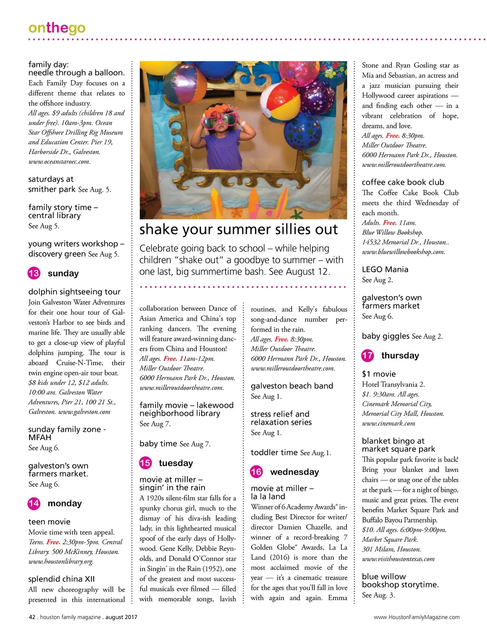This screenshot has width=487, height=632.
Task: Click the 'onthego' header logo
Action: [57, 28]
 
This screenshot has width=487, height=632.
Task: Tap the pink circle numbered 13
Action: [34, 273]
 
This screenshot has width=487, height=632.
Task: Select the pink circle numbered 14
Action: [34, 503]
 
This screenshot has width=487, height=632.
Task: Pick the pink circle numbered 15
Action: [145, 463]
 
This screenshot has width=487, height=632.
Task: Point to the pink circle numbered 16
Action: [256, 472]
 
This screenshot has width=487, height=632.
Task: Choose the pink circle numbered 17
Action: [368, 355]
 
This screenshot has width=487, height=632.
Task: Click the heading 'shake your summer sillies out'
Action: [238, 230]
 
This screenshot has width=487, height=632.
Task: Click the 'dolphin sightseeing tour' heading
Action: [74, 292]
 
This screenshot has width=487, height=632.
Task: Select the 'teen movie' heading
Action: [49, 522]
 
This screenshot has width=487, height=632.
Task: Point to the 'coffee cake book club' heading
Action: [403, 182]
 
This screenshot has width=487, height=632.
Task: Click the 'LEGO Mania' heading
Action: [385, 269]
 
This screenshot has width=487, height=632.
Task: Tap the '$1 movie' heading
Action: [379, 374]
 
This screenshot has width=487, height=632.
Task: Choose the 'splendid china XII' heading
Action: [61, 579]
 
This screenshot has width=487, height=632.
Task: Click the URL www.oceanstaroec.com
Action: [59, 162]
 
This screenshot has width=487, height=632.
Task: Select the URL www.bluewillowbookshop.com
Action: [403, 252]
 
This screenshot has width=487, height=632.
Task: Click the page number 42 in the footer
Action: [32, 617]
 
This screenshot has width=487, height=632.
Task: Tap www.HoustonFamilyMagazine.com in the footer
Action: [417, 617]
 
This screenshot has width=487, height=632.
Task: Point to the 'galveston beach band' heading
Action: [292, 386]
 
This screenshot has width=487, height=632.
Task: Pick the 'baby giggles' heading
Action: [385, 336]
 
